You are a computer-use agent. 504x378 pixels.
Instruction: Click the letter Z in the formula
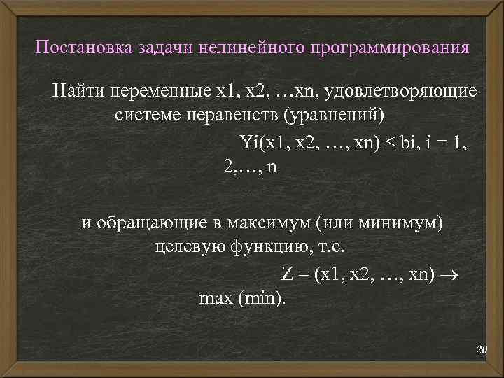pyautogui.click(x=287, y=274)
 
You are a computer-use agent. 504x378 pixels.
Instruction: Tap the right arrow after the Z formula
pyautogui.click(x=448, y=274)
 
